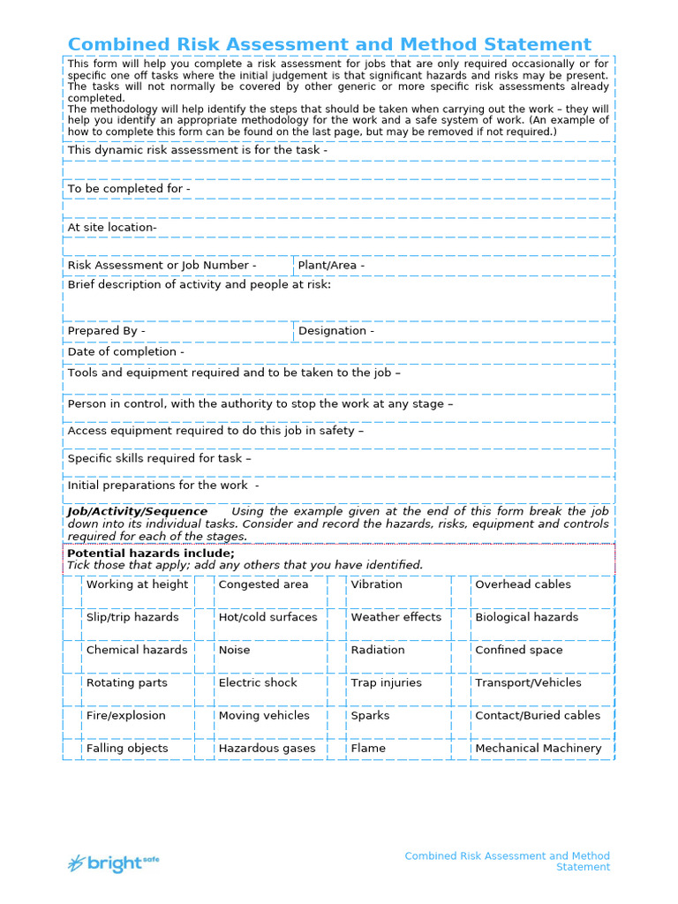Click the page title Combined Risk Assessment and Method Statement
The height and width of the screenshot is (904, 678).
(x=329, y=44)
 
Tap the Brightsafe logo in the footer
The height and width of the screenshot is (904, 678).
(x=114, y=863)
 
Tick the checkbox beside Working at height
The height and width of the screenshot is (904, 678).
(x=73, y=591)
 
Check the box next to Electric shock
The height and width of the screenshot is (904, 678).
(x=205, y=689)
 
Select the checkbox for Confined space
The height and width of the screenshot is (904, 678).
(x=461, y=656)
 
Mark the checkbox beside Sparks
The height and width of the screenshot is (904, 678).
(x=336, y=721)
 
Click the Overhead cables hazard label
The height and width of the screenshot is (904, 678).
(x=523, y=584)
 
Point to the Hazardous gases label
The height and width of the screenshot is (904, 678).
(x=267, y=749)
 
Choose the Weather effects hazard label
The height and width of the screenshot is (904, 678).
(x=395, y=617)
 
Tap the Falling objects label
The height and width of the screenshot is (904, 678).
(x=126, y=749)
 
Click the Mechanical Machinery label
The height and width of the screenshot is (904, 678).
(x=538, y=749)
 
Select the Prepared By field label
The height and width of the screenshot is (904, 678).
(x=106, y=331)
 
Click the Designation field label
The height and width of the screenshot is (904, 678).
(x=335, y=331)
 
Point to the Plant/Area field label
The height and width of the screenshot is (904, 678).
(x=331, y=266)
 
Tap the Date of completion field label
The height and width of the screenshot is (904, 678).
(x=125, y=352)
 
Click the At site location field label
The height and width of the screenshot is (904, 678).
(x=112, y=228)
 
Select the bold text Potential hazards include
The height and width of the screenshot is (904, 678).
(x=151, y=554)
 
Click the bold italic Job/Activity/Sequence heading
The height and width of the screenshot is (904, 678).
(x=138, y=512)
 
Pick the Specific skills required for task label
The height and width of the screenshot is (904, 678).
(x=159, y=459)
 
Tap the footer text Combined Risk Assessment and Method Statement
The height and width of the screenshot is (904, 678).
(x=508, y=862)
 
